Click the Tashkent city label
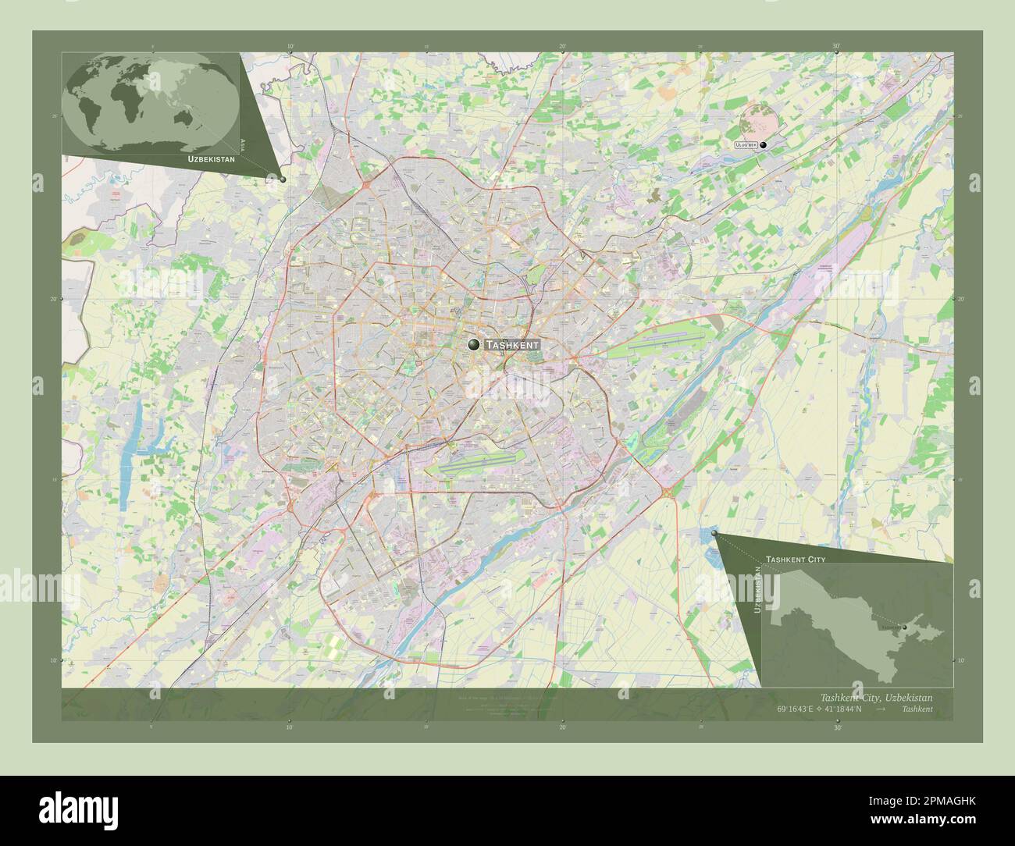[x=511, y=344]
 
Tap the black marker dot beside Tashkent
[x=474, y=344]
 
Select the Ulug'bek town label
[x=746, y=145]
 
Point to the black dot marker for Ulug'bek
[x=764, y=145]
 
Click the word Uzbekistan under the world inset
[x=211, y=158]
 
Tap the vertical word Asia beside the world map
[x=244, y=143]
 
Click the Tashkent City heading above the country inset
[x=795, y=560]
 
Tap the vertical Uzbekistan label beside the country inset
[x=757, y=590]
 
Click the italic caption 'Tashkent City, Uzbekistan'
[x=875, y=697]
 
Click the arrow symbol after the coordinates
[x=881, y=709]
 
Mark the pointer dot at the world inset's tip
[x=283, y=179]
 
